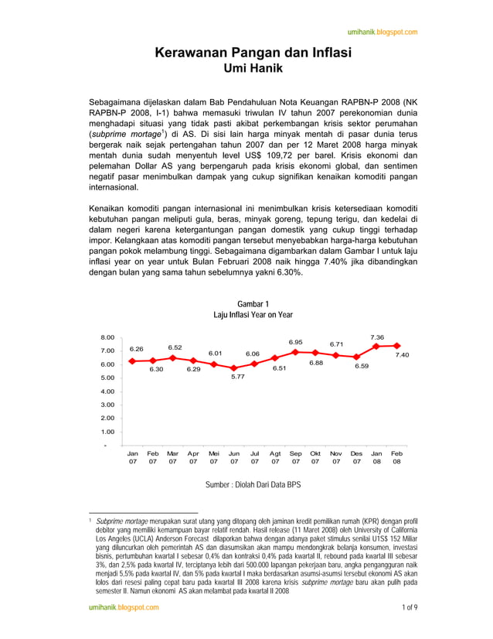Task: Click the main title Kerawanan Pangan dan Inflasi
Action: click(253, 53)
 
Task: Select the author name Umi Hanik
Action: click(253, 70)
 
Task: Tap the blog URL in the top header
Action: click(382, 32)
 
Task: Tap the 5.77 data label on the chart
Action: click(238, 377)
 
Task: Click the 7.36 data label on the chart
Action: click(377, 337)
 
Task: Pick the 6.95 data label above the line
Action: click(295, 342)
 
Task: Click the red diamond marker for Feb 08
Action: click(397, 346)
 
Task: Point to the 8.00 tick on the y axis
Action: click(107, 337)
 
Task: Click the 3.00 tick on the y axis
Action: click(107, 405)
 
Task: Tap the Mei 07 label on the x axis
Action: click(214, 457)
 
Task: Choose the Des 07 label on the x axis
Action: click(356, 457)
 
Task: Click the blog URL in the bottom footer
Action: click(124, 607)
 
